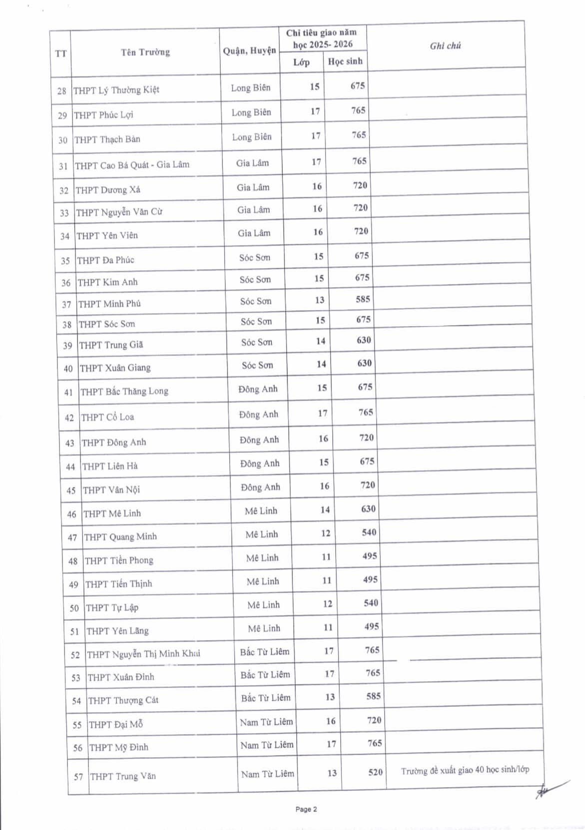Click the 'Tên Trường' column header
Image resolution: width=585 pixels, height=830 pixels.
coord(145,52)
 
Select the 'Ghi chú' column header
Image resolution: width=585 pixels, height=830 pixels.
coord(445,46)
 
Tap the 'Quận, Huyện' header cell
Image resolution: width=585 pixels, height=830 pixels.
coord(249,51)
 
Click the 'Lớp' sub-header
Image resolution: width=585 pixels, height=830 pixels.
coord(301,62)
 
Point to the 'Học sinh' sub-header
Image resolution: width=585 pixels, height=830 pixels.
coord(345,61)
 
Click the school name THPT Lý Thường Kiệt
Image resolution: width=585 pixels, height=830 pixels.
coord(116,90)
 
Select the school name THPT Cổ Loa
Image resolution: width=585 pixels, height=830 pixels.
coord(107,417)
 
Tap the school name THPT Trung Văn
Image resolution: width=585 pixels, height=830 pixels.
coord(123,776)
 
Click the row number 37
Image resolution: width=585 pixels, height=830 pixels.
coord(66,304)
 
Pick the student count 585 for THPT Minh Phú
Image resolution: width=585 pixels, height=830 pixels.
coord(363,299)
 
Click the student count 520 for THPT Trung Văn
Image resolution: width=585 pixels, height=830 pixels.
coord(375,772)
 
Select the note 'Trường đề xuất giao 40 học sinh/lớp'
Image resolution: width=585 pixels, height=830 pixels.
coord(465,770)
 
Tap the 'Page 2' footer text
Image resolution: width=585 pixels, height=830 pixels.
coord(306,810)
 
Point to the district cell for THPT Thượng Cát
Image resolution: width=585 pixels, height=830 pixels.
coord(266,698)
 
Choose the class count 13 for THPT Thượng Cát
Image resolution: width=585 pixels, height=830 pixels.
coord(330,697)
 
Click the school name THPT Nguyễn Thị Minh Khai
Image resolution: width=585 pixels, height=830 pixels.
coord(143,654)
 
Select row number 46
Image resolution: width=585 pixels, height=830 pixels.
coord(72,514)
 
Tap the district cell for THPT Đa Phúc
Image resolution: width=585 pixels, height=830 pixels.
coord(254,258)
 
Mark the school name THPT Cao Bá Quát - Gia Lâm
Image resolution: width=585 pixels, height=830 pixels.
coord(132,165)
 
